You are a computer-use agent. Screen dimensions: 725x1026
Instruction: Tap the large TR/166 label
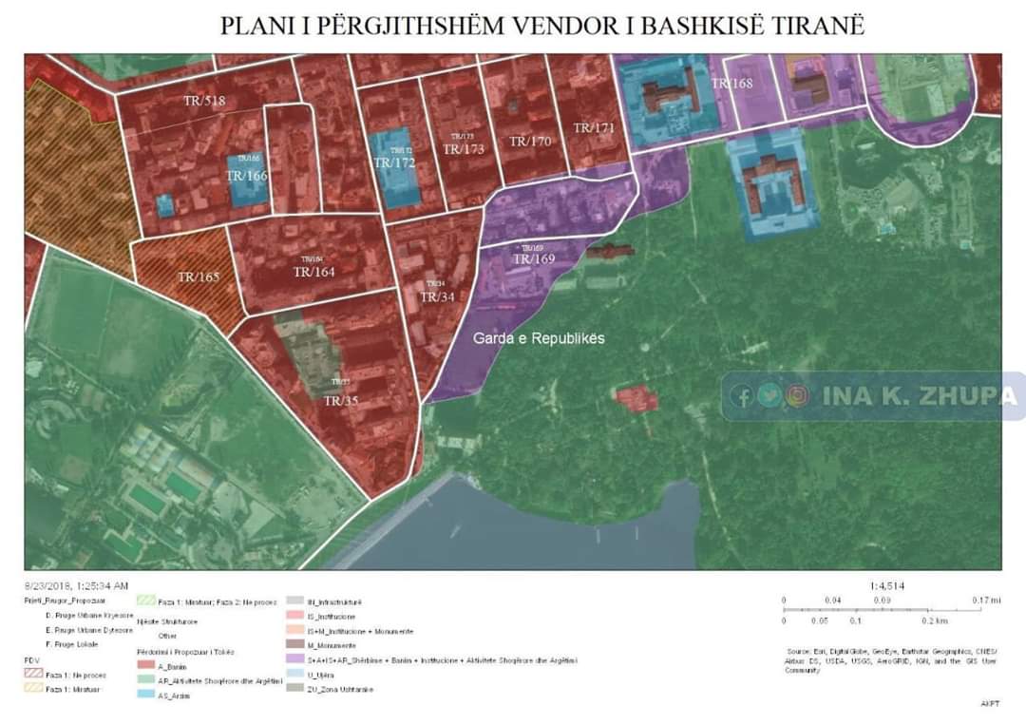click(247, 176)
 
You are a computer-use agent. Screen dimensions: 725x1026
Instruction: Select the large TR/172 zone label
click(393, 163)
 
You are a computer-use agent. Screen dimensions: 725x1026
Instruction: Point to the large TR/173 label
click(464, 149)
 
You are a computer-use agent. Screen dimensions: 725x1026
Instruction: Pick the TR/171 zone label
click(595, 128)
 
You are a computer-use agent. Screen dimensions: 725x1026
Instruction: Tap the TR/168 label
click(731, 84)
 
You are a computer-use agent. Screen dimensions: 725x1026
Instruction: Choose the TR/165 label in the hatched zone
click(198, 277)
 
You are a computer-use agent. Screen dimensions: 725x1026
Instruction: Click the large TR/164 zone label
click(314, 272)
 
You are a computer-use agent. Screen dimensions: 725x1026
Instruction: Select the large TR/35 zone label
click(341, 401)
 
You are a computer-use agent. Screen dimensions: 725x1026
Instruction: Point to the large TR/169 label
click(534, 258)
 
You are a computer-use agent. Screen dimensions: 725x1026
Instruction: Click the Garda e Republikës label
click(539, 338)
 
